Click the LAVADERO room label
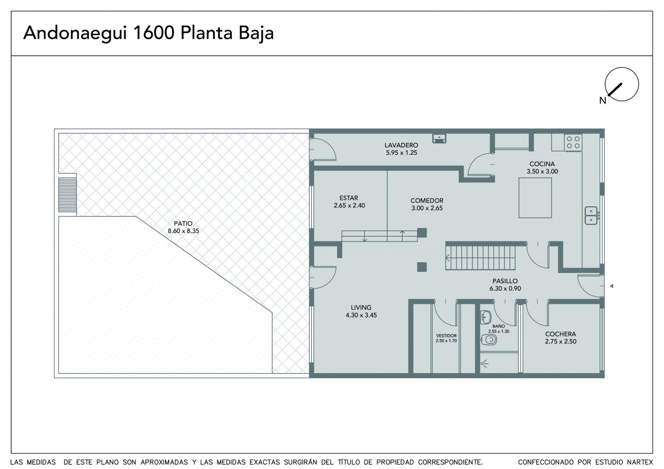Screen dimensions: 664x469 click(x=401, y=145)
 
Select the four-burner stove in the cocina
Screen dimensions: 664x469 click(x=573, y=142)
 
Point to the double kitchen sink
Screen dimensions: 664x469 click(x=591, y=216)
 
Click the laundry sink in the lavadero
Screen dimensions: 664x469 click(x=439, y=138)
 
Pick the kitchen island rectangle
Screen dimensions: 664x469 click(x=535, y=198)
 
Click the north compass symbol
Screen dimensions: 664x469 click(x=622, y=84)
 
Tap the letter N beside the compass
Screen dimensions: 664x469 click(x=602, y=101)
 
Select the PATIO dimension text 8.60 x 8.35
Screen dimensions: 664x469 click(x=183, y=231)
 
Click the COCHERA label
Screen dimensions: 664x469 click(x=560, y=334)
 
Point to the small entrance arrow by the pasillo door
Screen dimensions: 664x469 click(x=611, y=286)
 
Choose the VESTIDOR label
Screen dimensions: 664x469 click(x=446, y=336)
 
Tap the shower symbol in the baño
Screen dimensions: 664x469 click(x=484, y=363)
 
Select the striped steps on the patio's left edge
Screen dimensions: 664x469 click(x=68, y=194)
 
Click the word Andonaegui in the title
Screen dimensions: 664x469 click(x=75, y=33)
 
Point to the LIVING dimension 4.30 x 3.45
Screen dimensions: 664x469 click(x=361, y=315)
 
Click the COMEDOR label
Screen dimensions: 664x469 click(x=427, y=200)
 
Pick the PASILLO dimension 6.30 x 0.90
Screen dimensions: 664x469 click(x=505, y=288)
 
